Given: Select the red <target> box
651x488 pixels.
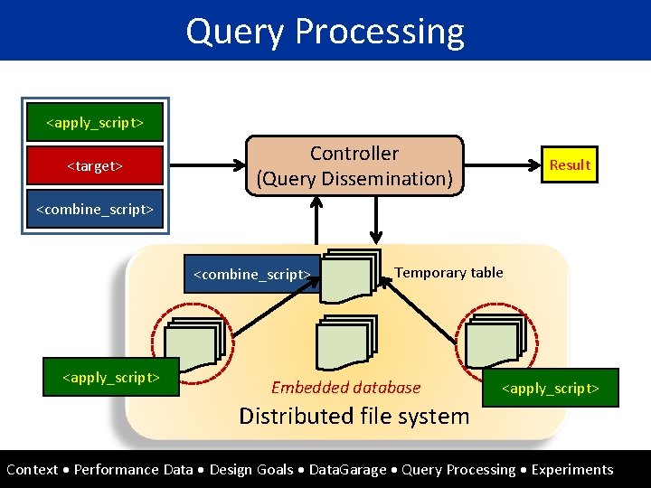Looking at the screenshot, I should [95, 166].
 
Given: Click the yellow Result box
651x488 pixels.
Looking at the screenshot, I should [569, 164].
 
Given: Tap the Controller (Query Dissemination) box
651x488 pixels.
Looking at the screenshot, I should [355, 165].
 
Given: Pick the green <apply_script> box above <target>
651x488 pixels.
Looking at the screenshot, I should [95, 122].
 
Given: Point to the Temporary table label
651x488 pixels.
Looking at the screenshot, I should [448, 272].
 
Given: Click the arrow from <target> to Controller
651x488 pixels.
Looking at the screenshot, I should [208, 166].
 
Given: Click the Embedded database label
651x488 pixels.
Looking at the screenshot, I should [346, 388].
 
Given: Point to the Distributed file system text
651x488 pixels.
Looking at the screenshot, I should [354, 416].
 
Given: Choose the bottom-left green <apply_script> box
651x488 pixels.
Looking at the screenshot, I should [111, 377].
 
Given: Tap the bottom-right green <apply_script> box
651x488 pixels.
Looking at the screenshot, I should [550, 388].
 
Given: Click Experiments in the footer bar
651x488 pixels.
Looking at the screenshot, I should [571, 469].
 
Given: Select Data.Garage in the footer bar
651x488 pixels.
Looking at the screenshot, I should [347, 469].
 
